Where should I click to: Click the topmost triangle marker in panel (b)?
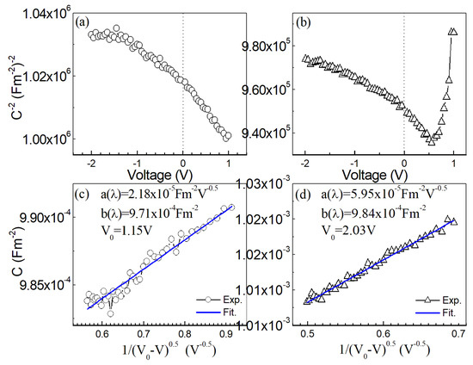point(453,32)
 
